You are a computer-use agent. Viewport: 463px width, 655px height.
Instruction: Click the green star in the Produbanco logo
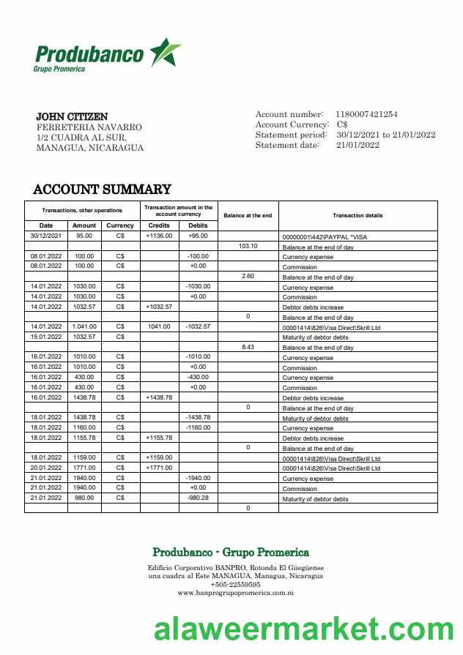pos(164,53)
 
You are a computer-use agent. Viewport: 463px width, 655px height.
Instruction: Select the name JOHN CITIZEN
pos(72,117)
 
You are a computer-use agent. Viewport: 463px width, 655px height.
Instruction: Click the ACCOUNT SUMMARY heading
pos(102,190)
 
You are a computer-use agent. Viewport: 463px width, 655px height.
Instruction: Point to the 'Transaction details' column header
pos(358,215)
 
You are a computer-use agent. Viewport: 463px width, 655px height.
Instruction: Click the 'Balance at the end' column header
pos(248,215)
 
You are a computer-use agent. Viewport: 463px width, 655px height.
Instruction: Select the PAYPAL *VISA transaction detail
pos(325,237)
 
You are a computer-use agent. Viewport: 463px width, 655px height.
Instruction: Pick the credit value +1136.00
pos(159,236)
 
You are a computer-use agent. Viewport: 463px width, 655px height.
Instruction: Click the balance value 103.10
pos(248,247)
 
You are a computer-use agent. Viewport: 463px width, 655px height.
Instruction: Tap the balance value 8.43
pos(248,347)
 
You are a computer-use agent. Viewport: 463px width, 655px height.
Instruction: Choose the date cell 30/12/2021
pos(46,236)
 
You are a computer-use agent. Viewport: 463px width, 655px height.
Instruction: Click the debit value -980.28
pos(198,498)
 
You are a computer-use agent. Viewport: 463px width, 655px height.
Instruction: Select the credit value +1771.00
pos(159,468)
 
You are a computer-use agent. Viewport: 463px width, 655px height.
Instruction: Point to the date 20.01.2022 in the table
pos(46,468)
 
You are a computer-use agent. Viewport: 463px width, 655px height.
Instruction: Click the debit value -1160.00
pos(198,427)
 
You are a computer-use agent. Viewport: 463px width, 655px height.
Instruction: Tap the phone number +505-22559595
pos(235,584)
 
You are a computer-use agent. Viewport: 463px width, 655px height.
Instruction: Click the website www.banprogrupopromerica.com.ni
pos(235,593)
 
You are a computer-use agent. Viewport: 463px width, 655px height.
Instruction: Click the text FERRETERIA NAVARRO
pos(89,127)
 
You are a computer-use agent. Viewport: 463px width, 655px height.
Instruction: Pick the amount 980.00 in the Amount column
pos(84,498)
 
